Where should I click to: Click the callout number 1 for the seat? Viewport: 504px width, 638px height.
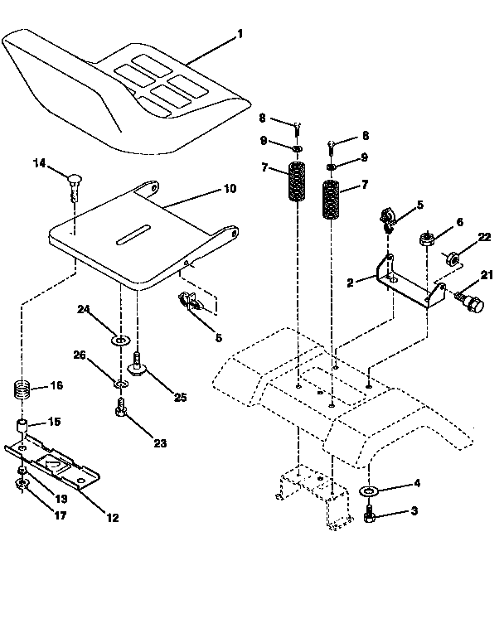240,34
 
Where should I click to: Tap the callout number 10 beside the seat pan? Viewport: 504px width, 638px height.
230,189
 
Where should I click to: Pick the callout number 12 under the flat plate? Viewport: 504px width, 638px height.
112,518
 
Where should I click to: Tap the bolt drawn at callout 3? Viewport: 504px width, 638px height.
371,518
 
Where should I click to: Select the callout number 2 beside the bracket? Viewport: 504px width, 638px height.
350,282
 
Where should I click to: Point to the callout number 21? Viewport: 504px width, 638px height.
487,275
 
